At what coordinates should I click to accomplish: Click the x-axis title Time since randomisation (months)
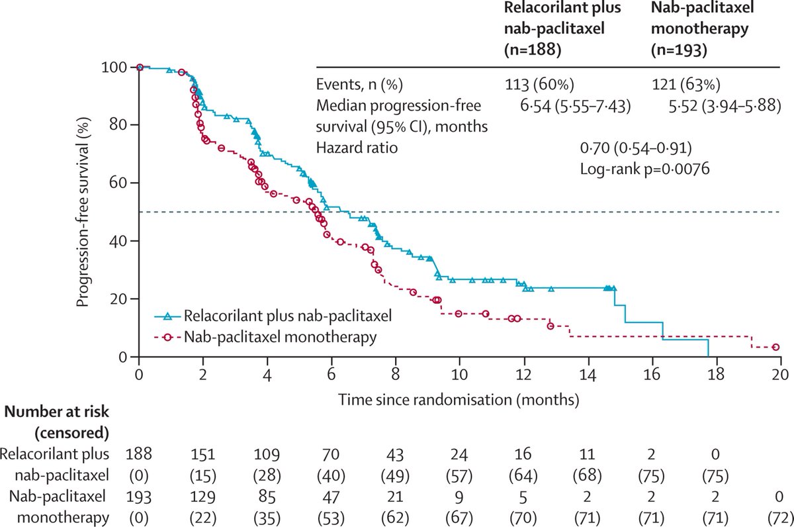click(x=459, y=399)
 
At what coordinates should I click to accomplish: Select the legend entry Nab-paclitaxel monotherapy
click(x=281, y=337)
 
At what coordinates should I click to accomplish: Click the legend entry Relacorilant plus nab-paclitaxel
click(x=288, y=316)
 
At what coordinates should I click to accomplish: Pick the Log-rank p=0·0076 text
click(x=644, y=169)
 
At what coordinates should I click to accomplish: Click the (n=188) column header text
click(x=533, y=49)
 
